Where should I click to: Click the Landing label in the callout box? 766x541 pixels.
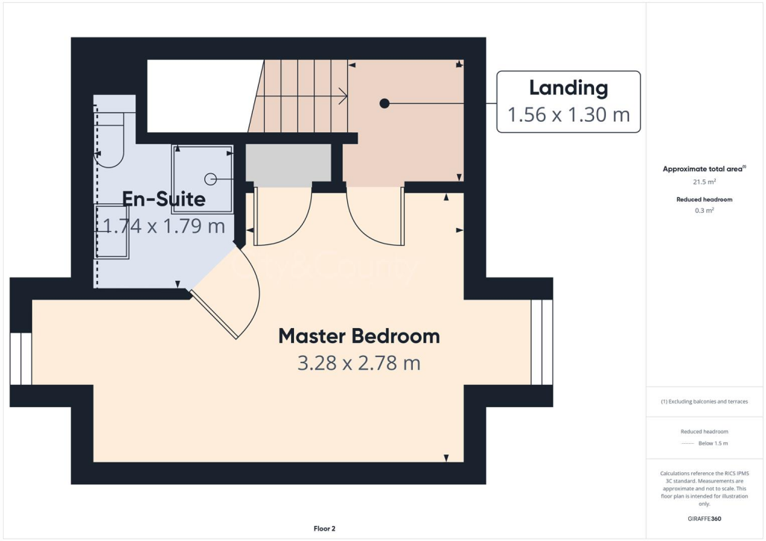pyautogui.click(x=569, y=88)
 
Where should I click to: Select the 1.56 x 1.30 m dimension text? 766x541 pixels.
pyautogui.click(x=569, y=115)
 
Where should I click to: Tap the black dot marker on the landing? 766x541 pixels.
pyautogui.click(x=384, y=103)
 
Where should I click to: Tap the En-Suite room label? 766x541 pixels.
pyautogui.click(x=164, y=199)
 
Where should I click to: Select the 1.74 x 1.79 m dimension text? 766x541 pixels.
pyautogui.click(x=164, y=226)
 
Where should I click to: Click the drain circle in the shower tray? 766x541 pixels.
pyautogui.click(x=210, y=179)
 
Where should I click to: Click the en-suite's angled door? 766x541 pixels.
pyautogui.click(x=215, y=315)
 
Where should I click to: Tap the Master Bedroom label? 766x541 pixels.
pyautogui.click(x=359, y=336)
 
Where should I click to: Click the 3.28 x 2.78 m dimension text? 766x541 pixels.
pyautogui.click(x=359, y=364)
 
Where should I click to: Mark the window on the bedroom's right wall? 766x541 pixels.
pyautogui.click(x=541, y=342)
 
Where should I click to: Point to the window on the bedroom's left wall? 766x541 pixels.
pyautogui.click(x=21, y=359)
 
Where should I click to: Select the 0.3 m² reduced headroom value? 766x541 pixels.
pyautogui.click(x=703, y=211)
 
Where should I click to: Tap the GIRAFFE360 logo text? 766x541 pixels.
pyautogui.click(x=704, y=519)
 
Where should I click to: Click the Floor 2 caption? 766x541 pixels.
pyautogui.click(x=325, y=529)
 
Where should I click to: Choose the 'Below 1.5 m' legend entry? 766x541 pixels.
pyautogui.click(x=714, y=444)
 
